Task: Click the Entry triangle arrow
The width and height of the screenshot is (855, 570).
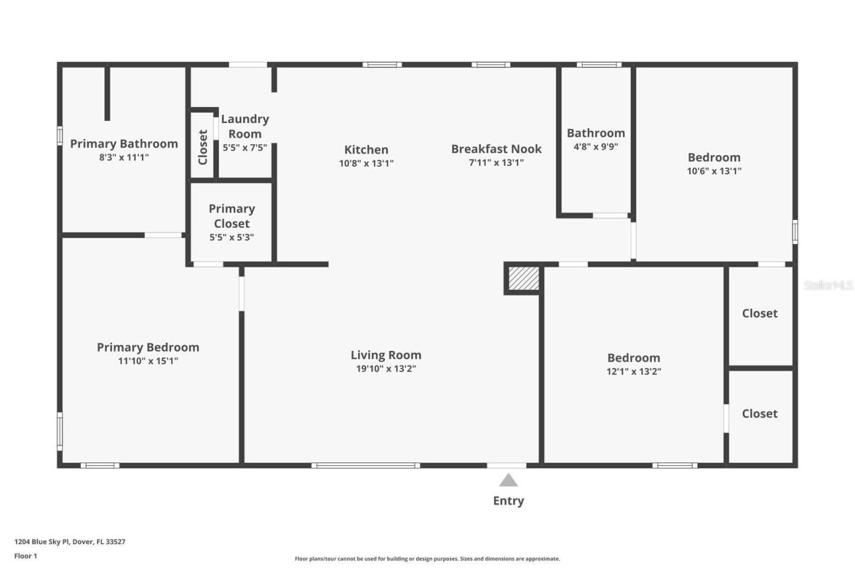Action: point(508,480)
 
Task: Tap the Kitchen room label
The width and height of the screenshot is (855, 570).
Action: point(366,150)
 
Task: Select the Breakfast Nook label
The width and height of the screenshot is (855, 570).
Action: point(496,149)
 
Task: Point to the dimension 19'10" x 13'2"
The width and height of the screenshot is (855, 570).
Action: point(386,368)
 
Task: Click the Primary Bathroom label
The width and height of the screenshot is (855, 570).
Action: point(124,144)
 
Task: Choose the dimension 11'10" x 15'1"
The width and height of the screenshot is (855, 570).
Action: point(148,361)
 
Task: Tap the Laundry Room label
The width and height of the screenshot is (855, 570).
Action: point(244,126)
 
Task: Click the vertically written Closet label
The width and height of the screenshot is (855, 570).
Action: point(203,147)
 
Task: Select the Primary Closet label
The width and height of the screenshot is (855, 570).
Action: point(232,216)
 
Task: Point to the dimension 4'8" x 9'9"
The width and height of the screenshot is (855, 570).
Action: point(596,146)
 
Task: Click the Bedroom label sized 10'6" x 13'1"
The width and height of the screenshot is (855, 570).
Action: point(714,158)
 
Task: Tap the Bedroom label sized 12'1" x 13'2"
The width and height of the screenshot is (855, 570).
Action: point(633,358)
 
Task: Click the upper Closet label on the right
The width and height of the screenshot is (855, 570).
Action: point(759,313)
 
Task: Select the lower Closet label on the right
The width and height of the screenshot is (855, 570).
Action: point(759,414)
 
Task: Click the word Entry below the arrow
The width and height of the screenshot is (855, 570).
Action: point(508,501)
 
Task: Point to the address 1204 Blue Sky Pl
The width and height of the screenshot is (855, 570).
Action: point(69,542)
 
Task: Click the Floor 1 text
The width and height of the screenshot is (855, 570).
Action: point(25,555)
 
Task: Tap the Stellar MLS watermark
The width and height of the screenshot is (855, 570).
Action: point(828,285)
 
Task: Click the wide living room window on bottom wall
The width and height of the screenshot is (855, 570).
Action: point(365,465)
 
